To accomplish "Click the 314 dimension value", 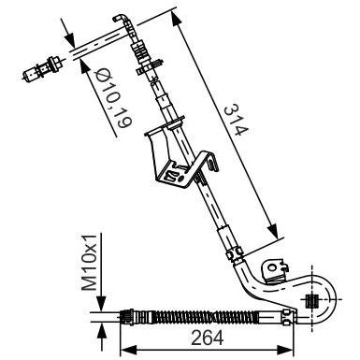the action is pyautogui.click(x=237, y=120).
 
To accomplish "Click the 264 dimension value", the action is pyautogui.click(x=207, y=338).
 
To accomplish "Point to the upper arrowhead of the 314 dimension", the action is pyautogui.click(x=176, y=20).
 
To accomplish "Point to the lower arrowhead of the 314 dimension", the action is pyautogui.click(x=272, y=231).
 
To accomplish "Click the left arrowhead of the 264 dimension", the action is pyautogui.click(x=129, y=348).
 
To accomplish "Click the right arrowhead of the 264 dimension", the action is pyautogui.click(x=284, y=348).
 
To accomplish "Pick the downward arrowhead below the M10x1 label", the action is pyautogui.click(x=101, y=303).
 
